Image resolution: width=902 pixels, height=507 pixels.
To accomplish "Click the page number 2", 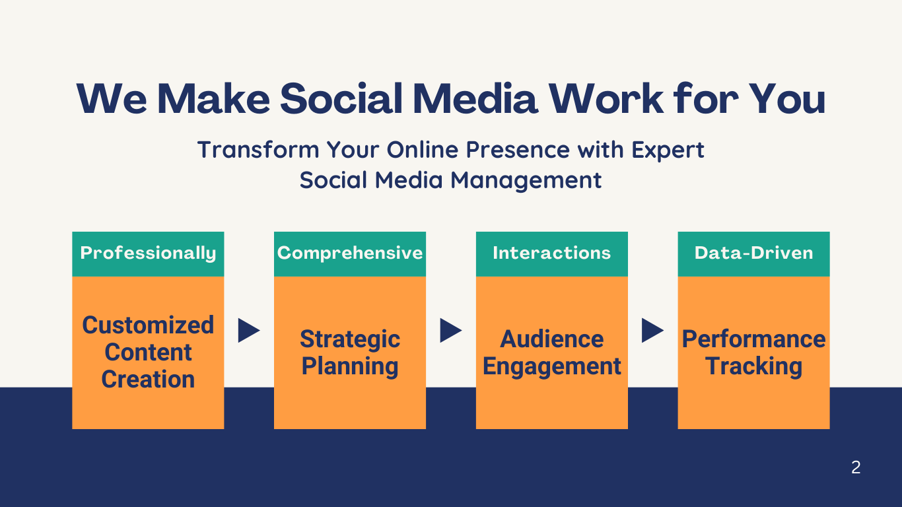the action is pos(856,467).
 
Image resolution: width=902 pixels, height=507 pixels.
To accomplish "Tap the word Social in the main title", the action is pos(341,98).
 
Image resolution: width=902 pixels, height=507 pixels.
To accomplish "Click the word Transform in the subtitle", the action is pos(258,149).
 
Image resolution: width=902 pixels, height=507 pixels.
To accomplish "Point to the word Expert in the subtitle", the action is pos(668,151).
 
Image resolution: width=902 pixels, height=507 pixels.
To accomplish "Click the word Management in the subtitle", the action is pos(526,180).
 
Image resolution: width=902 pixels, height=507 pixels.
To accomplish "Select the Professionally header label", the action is pos(148,253).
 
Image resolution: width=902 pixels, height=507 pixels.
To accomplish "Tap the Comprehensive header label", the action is pos(350,253).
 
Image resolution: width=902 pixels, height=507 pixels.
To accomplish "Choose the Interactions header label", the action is pos(551,253).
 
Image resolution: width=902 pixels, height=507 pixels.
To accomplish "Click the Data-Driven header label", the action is pos(754,253).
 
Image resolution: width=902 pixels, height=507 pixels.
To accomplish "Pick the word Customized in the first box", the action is pos(148,325).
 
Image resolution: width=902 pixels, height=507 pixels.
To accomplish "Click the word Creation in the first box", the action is pos(148,380).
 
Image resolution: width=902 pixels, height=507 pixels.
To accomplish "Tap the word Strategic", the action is pos(350,339).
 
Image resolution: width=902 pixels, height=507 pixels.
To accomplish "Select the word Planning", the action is pos(350,366).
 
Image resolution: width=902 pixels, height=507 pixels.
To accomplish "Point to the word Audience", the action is pos(551,339).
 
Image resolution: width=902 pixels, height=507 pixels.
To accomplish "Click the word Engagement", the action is pos(551,366).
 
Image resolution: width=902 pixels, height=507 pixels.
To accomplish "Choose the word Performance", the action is pos(754,339).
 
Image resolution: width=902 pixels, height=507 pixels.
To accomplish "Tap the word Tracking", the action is pos(754,366).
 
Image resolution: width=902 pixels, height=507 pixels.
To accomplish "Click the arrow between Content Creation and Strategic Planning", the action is pos(249,331).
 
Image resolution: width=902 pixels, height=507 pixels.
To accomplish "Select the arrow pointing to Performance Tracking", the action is pos(652,331).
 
